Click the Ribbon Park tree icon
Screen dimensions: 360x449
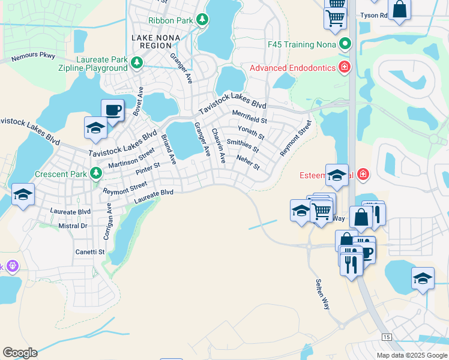tap(203, 20)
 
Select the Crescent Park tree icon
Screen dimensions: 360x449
tap(95, 174)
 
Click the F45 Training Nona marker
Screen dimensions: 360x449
tap(345, 44)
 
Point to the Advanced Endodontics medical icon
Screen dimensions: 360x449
tap(345, 67)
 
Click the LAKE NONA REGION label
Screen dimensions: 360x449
tap(156, 42)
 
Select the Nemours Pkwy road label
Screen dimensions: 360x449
tap(34, 57)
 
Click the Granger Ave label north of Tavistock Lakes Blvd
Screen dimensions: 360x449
tap(180, 67)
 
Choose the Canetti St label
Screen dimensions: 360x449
tap(90, 252)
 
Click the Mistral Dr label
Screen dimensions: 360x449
tap(73, 226)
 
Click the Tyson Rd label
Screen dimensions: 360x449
tap(373, 15)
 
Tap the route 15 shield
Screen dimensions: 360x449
tap(386, 338)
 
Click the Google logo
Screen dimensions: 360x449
tap(20, 353)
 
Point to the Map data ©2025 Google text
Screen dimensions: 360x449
tap(412, 355)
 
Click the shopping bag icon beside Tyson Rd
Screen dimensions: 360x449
tap(399, 10)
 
